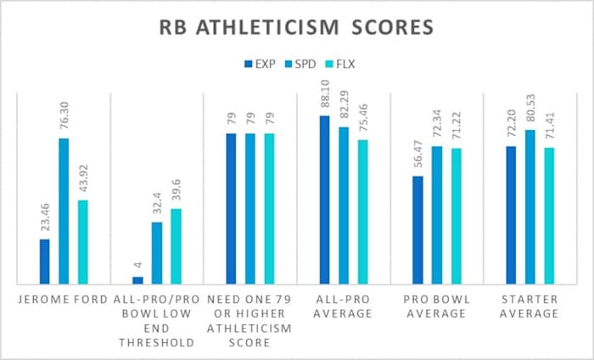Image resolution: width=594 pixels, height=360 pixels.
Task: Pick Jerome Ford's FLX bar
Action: coord(82,242)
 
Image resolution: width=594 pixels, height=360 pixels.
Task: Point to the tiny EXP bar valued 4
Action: coord(138,279)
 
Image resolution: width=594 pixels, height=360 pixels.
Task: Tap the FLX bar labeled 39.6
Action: coord(176,245)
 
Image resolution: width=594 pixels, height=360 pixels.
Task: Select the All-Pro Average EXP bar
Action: coord(324,200)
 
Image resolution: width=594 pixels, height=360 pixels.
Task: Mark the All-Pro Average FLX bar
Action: coord(362,211)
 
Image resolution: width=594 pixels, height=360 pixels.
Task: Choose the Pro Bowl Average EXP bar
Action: coord(417,229)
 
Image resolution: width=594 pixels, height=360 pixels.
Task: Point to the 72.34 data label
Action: coord(437,124)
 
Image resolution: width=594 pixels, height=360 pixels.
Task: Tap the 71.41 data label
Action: coord(549,126)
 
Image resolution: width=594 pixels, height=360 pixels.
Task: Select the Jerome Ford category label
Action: coord(64,298)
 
